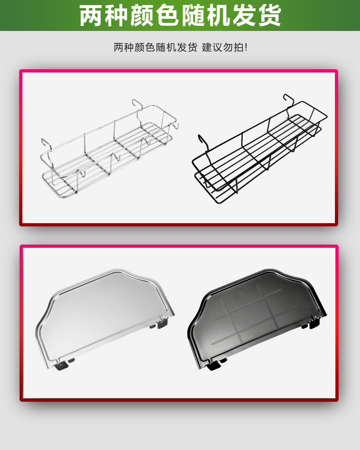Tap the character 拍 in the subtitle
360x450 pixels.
click(238, 47)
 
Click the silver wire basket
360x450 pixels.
click(109, 149)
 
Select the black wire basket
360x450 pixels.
click(260, 149)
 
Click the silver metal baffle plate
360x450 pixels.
click(105, 319)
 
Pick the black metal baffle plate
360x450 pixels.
click(257, 319)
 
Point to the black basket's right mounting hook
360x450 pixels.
click(288, 101)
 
